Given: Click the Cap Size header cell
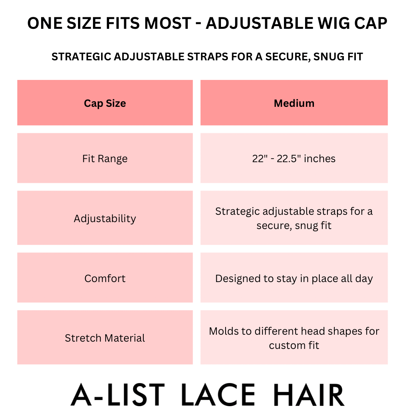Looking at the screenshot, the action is pos(105,103).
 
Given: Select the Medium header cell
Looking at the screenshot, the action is pos(294,103).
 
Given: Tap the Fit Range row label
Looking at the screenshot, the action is pos(105,158).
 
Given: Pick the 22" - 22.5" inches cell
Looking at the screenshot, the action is pos(294,158).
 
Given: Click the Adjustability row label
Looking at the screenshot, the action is pos(105,218).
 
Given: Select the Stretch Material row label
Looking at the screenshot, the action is pos(105,337).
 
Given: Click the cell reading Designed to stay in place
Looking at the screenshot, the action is pos(294,278).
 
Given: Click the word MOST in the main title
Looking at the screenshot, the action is pos(168,23).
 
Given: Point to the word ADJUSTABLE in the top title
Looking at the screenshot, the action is pos(259,23).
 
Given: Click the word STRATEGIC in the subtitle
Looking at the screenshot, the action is pos(81,56).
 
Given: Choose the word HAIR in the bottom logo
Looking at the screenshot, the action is pos(309,395).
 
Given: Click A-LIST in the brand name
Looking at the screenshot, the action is pos(118,395).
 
